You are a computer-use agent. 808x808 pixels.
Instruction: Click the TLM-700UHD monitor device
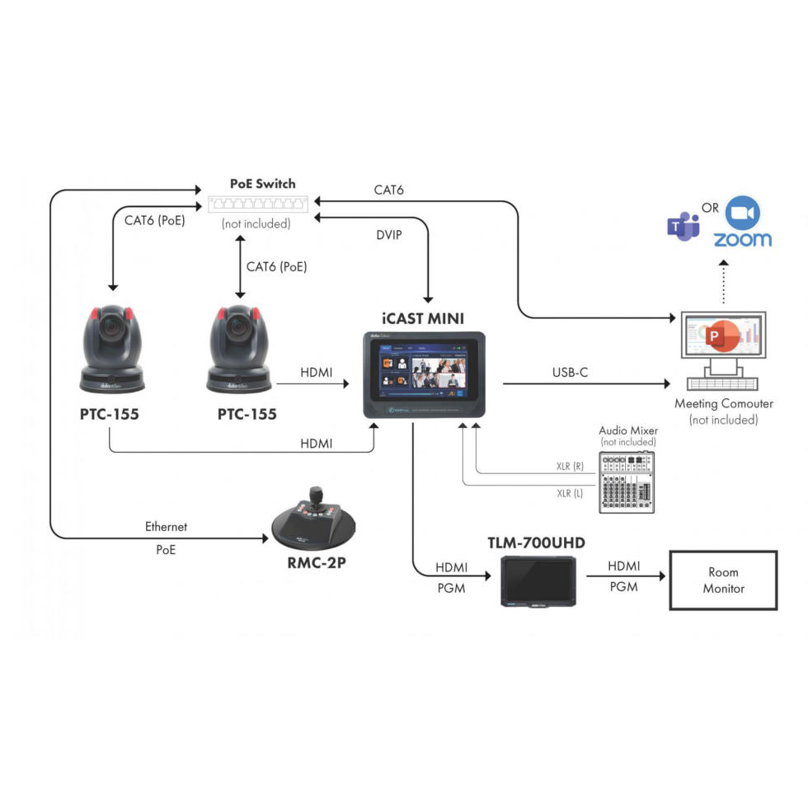[540, 580]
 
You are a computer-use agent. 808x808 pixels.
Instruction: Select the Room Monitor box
[723, 580]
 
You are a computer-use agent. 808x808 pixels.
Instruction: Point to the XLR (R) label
[570, 466]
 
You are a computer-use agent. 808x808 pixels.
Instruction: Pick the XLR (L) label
[570, 492]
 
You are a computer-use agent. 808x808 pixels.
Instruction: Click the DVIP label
[388, 235]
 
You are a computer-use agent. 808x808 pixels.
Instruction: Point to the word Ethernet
[166, 526]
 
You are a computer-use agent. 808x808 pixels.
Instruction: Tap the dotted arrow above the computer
[722, 282]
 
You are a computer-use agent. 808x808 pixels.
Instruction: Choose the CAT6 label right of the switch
[388, 190]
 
